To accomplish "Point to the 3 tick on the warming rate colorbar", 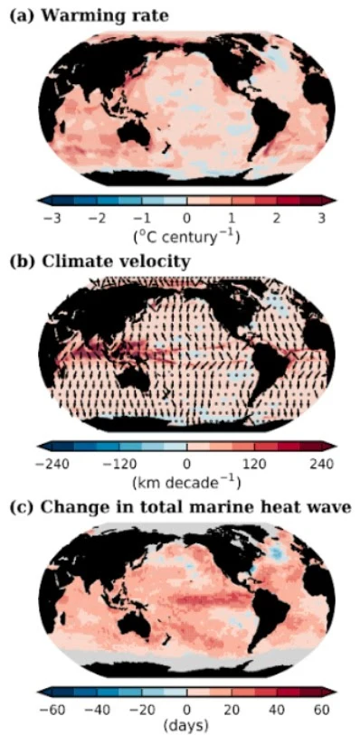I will coord(323,218).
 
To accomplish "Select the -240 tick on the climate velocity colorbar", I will coord(51,464).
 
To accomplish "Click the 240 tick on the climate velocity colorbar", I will coord(321,464).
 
